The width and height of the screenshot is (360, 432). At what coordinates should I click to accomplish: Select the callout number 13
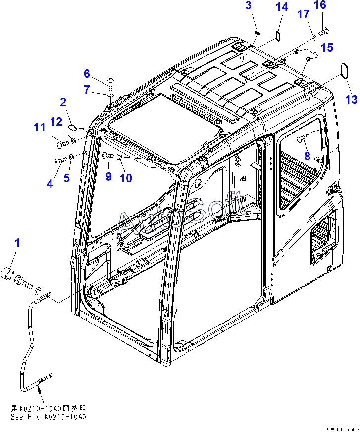pyautogui.click(x=351, y=100)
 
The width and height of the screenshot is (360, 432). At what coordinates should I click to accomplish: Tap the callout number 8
pyautogui.click(x=249, y=6)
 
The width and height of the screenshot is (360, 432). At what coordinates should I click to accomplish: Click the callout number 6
pyautogui.click(x=87, y=74)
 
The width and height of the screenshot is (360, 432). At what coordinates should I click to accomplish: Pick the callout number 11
pyautogui.click(x=39, y=127)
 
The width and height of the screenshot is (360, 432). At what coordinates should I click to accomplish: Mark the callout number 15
pyautogui.click(x=327, y=48)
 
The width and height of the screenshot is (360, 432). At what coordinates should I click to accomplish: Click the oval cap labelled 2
pyautogui.click(x=72, y=127)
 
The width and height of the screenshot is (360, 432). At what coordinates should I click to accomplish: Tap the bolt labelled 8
pyautogui.click(x=302, y=141)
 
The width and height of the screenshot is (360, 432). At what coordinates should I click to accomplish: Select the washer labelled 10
pyautogui.click(x=120, y=157)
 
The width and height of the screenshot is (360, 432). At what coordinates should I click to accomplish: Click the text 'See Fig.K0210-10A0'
pyautogui.click(x=48, y=417)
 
